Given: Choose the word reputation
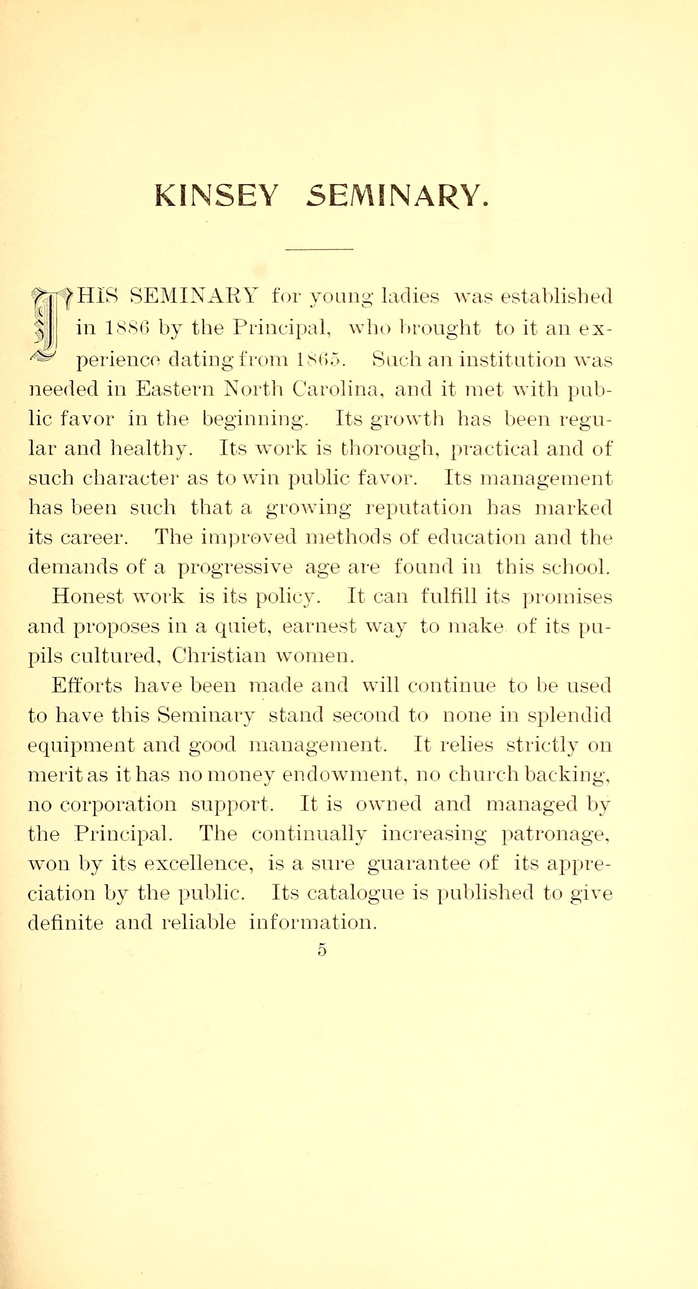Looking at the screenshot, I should click(x=419, y=508).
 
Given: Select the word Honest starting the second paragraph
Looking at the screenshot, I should click(x=88, y=596).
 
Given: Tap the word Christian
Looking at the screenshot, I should click(x=219, y=656).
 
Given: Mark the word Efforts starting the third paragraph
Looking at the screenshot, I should click(x=87, y=686).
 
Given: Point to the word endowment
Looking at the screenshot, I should click(x=342, y=775).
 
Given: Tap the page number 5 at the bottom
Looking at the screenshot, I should click(x=321, y=949).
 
